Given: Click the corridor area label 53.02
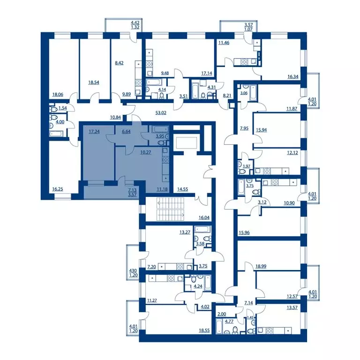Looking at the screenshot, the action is click(x=161, y=112).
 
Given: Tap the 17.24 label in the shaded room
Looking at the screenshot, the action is click(x=94, y=132).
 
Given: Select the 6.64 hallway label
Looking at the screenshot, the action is click(x=126, y=132).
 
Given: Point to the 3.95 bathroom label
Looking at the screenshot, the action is click(x=160, y=136).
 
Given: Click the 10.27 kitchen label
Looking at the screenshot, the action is click(x=146, y=152).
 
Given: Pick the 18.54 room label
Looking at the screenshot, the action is click(x=94, y=82).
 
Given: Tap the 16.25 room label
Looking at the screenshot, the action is click(x=57, y=189).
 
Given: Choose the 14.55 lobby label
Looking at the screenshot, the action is click(x=182, y=189).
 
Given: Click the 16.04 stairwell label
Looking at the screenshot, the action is click(x=204, y=217).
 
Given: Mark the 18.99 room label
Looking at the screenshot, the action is click(x=261, y=266).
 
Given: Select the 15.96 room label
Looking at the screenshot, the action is click(x=244, y=232).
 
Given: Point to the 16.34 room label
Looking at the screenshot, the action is click(x=293, y=76).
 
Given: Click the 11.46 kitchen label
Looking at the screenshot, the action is click(x=224, y=43).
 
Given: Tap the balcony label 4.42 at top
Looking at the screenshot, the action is click(x=135, y=22).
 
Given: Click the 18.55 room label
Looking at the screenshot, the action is click(x=204, y=330).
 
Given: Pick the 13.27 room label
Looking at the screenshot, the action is click(x=185, y=232).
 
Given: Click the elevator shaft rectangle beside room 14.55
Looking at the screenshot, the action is click(x=187, y=143).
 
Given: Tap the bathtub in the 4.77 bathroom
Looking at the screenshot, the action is click(x=219, y=326).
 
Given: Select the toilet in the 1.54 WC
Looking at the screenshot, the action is click(x=53, y=109).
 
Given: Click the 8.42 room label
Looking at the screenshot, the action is click(x=119, y=63).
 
